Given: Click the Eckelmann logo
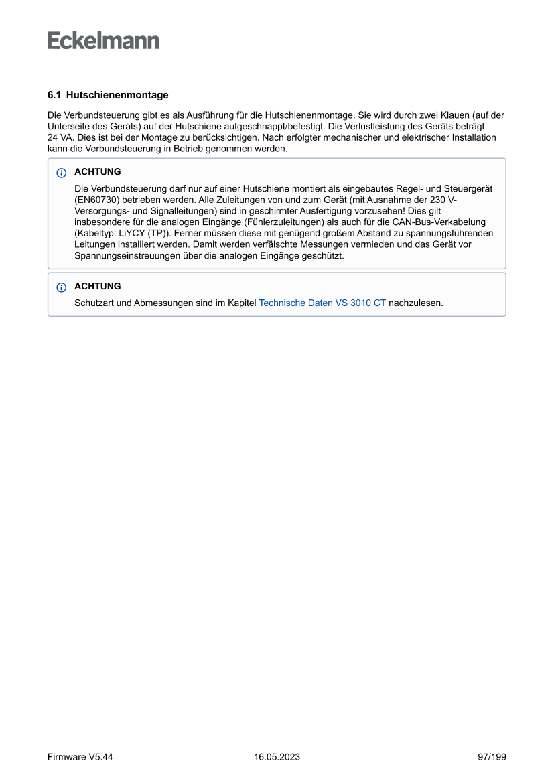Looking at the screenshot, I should (x=103, y=41).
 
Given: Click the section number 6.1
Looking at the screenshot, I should (x=54, y=95).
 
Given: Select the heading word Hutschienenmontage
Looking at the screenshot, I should (x=117, y=95).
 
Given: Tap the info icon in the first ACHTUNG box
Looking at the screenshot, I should (x=62, y=173).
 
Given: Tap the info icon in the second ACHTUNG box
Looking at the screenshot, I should (x=62, y=287).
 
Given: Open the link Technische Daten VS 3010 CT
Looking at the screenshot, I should (x=322, y=303).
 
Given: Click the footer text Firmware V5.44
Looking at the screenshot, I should (x=80, y=757).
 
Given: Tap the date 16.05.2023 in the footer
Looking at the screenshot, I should (x=277, y=757).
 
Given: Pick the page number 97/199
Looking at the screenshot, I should (x=492, y=757).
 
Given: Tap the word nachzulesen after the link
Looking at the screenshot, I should (x=416, y=303).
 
